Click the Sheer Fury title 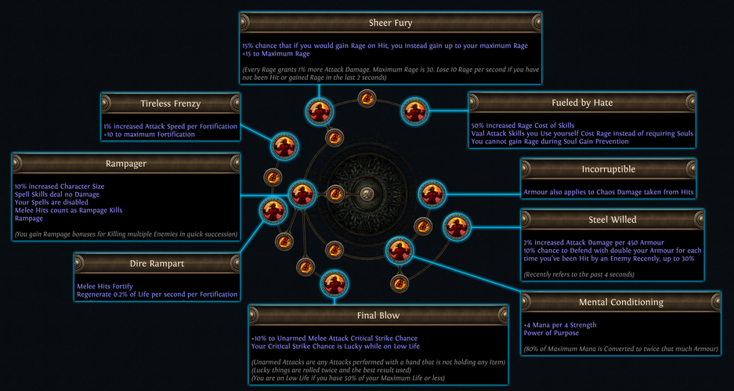[x=390, y=23]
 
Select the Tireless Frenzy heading [x=171, y=103]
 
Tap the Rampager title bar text [x=126, y=164]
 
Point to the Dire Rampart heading [x=157, y=263]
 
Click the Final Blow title [x=378, y=316]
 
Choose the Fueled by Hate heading [x=582, y=103]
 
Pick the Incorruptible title [x=608, y=169]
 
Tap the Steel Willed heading [x=613, y=219]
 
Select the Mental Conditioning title [x=620, y=302]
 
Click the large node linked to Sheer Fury [x=320, y=112]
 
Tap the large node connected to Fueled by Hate [x=414, y=111]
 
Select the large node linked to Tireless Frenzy [x=284, y=146]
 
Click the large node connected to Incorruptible [x=432, y=194]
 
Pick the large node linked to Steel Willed [x=457, y=227]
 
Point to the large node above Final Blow [x=334, y=284]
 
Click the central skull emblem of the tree [x=367, y=194]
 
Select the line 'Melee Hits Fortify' [x=105, y=286]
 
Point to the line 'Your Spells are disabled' [x=52, y=202]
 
